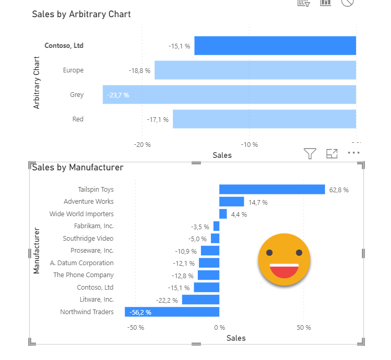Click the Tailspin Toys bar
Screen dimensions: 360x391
click(x=272, y=190)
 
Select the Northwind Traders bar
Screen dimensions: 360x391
click(x=172, y=312)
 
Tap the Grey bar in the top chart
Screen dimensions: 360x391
click(x=229, y=95)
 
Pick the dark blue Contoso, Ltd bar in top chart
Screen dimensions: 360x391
click(x=275, y=46)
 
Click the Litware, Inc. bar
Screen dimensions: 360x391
click(x=200, y=300)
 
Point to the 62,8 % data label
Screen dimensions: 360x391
click(x=339, y=190)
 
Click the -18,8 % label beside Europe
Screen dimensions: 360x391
click(x=140, y=70)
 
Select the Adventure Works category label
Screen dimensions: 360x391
click(x=89, y=202)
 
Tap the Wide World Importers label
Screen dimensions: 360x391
click(x=81, y=214)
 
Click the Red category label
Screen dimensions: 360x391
click(x=78, y=119)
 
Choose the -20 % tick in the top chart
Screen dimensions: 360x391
click(x=142, y=145)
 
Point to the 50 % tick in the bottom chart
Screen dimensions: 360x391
click(x=304, y=328)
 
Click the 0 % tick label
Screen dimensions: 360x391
click(x=219, y=328)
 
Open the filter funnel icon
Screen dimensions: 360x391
click(x=310, y=153)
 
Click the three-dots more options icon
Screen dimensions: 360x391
click(x=354, y=153)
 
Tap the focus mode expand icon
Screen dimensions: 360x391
click(x=332, y=153)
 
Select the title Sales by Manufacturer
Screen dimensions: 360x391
click(x=78, y=167)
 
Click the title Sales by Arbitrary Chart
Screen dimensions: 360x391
click(x=81, y=14)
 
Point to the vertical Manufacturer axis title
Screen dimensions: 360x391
click(x=36, y=250)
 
